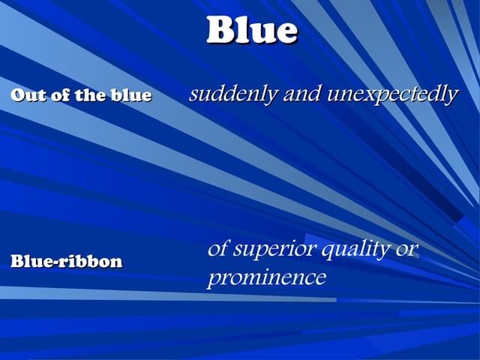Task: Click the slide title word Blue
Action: (252, 31)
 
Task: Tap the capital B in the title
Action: (221, 31)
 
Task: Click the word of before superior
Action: (217, 249)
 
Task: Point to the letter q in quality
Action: (327, 252)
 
